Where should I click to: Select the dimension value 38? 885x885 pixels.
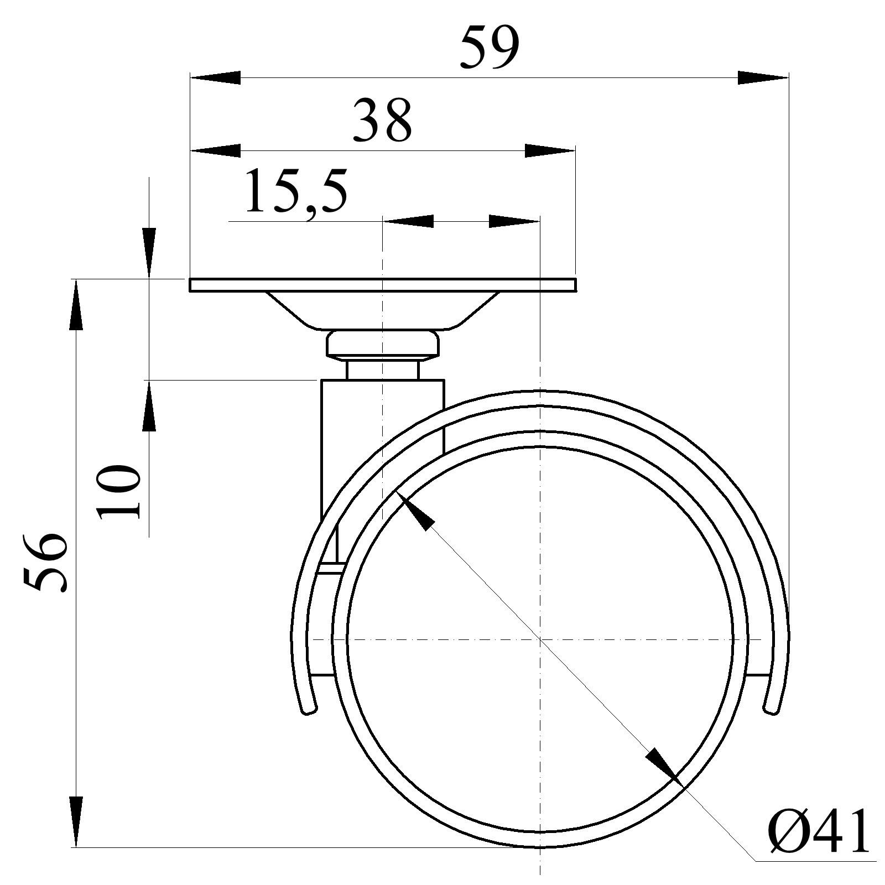383,120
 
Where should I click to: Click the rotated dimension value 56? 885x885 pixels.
45,563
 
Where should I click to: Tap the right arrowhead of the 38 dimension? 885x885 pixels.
550,150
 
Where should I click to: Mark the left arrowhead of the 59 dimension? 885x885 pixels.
215,77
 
